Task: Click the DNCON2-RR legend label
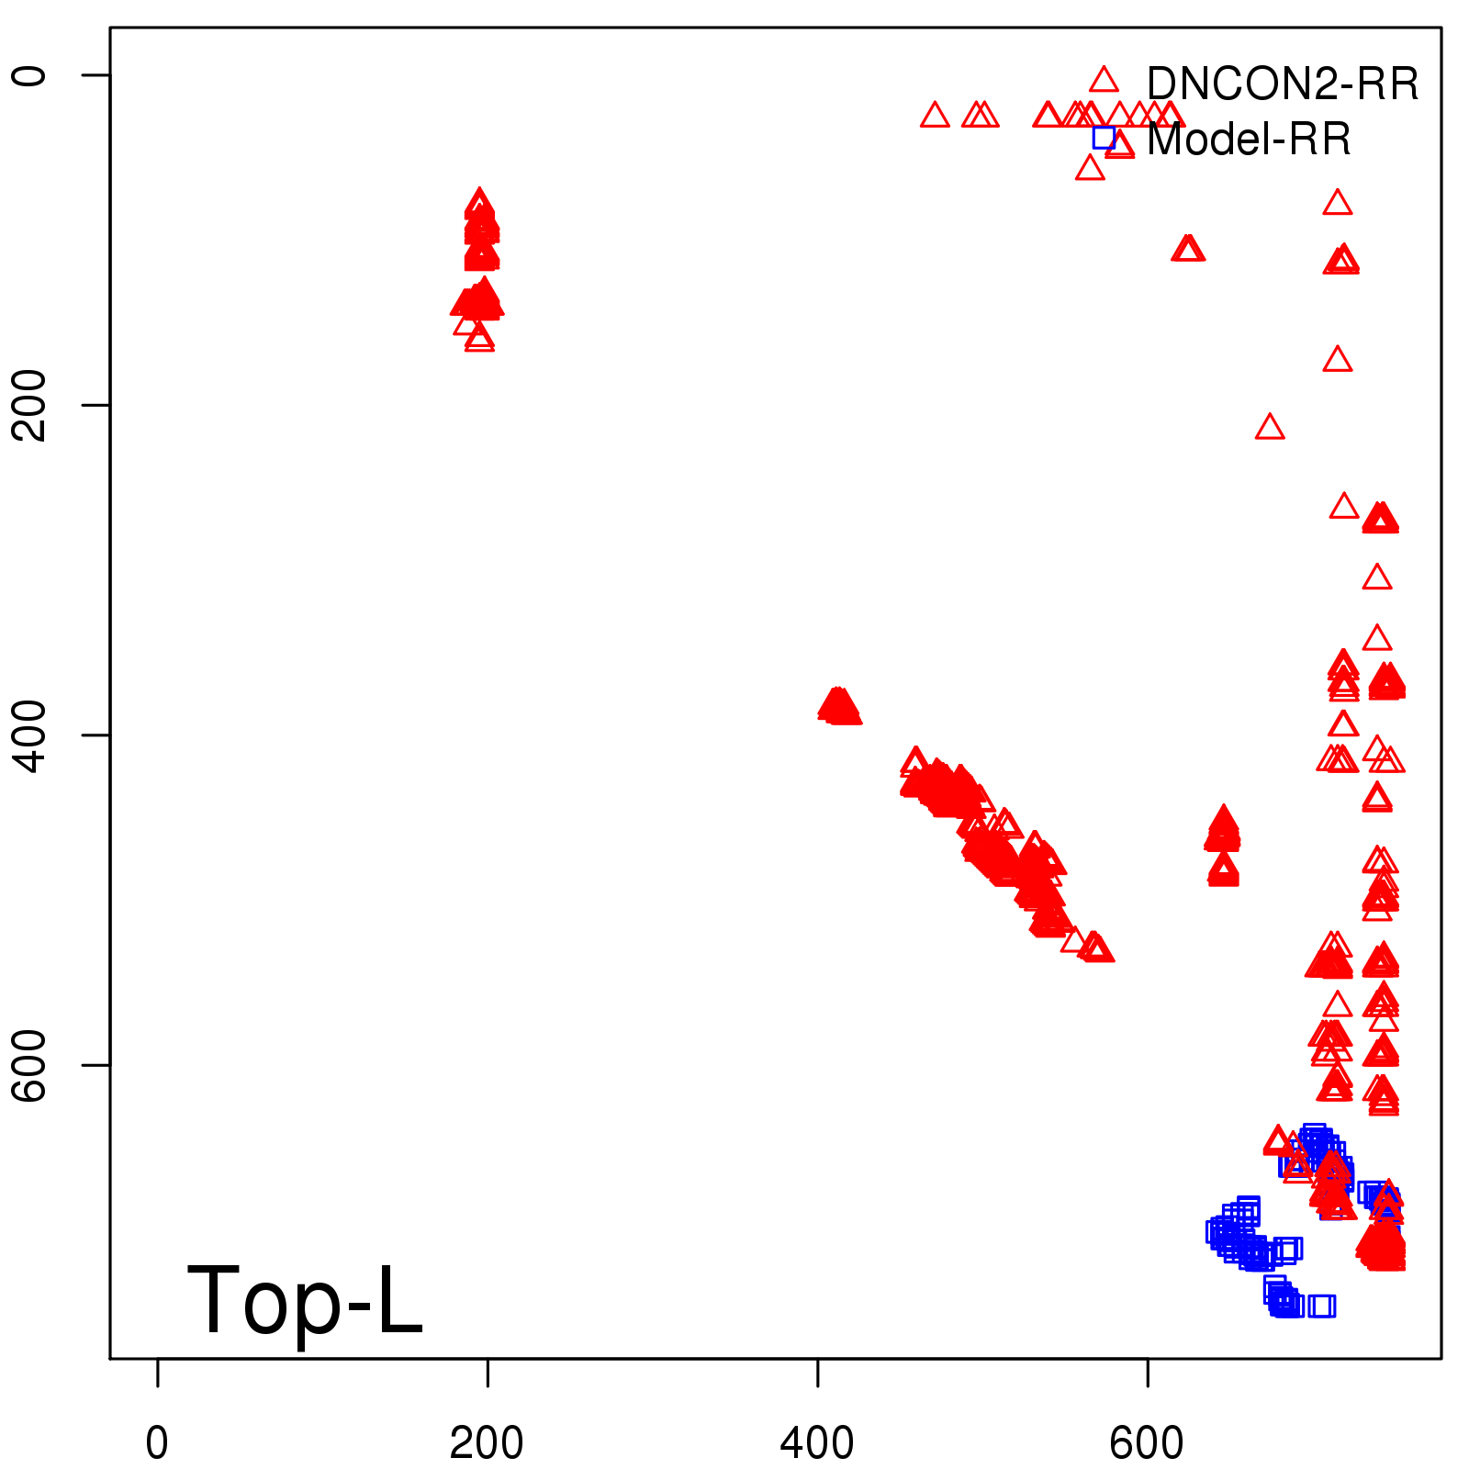point(1282,84)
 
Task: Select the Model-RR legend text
point(1249,140)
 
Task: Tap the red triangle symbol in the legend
point(1104,80)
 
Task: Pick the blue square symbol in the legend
point(1104,138)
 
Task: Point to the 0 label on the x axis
point(157,1442)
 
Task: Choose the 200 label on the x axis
point(487,1442)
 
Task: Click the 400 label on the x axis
point(817,1442)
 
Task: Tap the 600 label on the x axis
point(1147,1442)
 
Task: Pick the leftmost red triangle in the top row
point(935,116)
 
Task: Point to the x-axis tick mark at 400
point(818,1372)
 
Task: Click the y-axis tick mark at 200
point(96,405)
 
